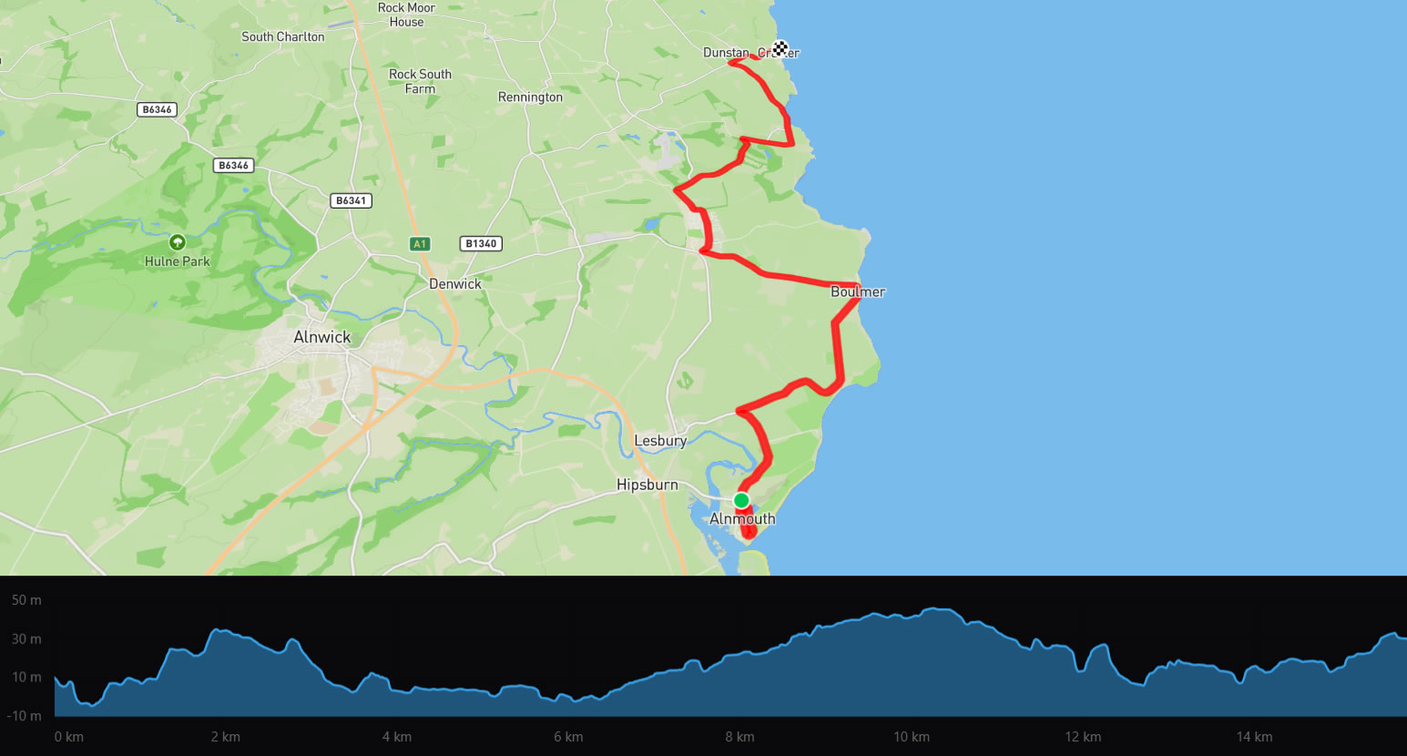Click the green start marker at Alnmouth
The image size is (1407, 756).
(x=741, y=500)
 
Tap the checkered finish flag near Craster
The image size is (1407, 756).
(x=780, y=48)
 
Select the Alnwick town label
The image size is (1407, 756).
(x=321, y=337)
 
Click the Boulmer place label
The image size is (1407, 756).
(x=857, y=292)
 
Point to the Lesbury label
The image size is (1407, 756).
(x=660, y=441)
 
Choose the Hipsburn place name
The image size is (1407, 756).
(x=647, y=485)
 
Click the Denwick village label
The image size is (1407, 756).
(x=454, y=284)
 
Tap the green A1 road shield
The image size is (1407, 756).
(x=419, y=244)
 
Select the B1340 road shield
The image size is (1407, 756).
(x=481, y=243)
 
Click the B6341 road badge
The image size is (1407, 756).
(x=351, y=200)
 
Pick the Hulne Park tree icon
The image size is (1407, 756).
(x=177, y=242)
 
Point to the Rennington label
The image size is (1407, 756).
(x=530, y=97)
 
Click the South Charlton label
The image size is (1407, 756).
(x=282, y=37)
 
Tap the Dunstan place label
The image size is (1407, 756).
(x=726, y=53)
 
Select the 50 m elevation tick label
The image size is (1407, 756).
(x=26, y=600)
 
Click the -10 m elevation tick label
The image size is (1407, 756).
(x=25, y=716)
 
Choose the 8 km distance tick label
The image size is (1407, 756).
(x=739, y=737)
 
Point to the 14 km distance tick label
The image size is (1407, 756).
(x=1254, y=737)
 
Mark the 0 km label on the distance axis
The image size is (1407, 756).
(x=69, y=737)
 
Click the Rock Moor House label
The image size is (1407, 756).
(x=406, y=15)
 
